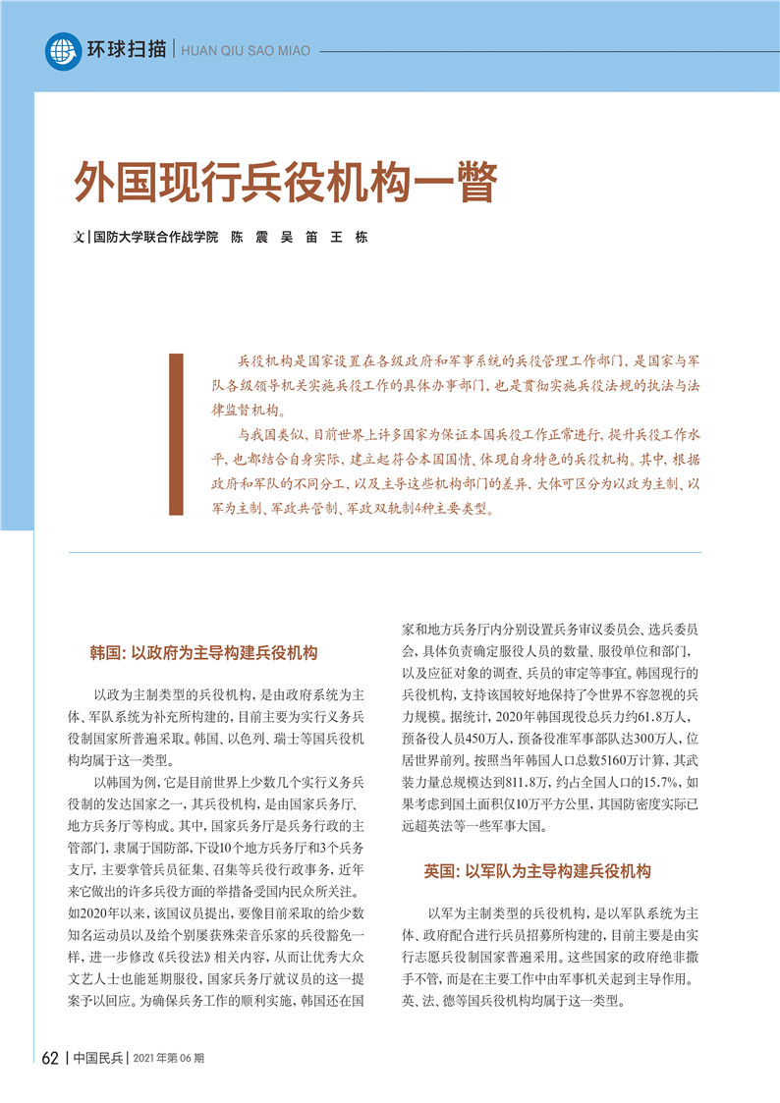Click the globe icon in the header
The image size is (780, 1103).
tap(63, 51)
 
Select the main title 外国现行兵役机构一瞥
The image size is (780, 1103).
tap(287, 182)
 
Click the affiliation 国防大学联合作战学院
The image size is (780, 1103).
tap(154, 238)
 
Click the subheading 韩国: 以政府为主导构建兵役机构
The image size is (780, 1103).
tap(203, 653)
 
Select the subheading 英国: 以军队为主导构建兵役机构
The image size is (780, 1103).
tap(537, 871)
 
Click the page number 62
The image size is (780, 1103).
tap(51, 1058)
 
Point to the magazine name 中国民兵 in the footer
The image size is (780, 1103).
tap(99, 1058)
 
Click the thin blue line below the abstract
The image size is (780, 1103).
tap(385, 552)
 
